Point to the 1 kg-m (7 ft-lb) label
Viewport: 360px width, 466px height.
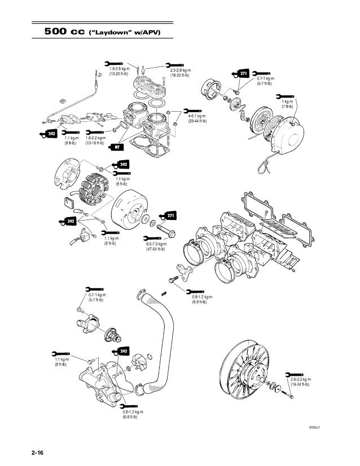click(287, 103)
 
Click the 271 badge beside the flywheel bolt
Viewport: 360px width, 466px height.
click(170, 216)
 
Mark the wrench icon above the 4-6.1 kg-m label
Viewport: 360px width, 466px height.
click(192, 111)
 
